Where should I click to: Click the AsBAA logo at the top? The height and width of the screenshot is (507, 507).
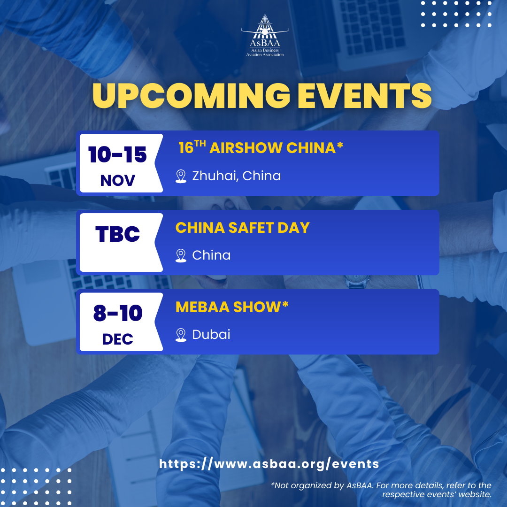[x=265, y=36]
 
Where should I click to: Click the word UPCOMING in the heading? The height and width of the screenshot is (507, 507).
[x=192, y=95]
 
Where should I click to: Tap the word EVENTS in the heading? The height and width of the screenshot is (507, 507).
[x=364, y=95]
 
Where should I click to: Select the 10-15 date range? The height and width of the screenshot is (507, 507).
[x=118, y=154]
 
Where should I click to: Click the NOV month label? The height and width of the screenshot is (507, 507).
[x=118, y=180]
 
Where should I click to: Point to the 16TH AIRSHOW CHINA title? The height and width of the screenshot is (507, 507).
[x=261, y=147]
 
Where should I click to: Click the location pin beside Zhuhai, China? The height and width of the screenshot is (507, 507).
[x=181, y=177]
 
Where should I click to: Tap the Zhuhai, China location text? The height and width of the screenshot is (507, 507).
[x=236, y=176]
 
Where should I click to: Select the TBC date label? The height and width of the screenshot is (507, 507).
[x=118, y=234]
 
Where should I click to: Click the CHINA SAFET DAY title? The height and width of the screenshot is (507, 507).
[x=243, y=228]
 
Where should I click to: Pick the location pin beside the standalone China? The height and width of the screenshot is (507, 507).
[x=181, y=256]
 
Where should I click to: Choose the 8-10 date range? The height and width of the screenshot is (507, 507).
[x=118, y=313]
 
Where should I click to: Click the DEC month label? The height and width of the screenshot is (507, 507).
[x=118, y=339]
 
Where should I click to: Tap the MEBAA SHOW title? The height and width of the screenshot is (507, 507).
[x=232, y=307]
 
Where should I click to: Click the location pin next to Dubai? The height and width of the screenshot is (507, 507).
[x=181, y=335]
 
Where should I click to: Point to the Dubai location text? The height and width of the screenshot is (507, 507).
[x=211, y=334]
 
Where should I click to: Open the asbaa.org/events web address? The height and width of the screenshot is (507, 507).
[x=269, y=464]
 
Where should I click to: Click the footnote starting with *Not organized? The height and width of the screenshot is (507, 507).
[x=381, y=490]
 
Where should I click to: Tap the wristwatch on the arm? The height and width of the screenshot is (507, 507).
[x=357, y=282]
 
